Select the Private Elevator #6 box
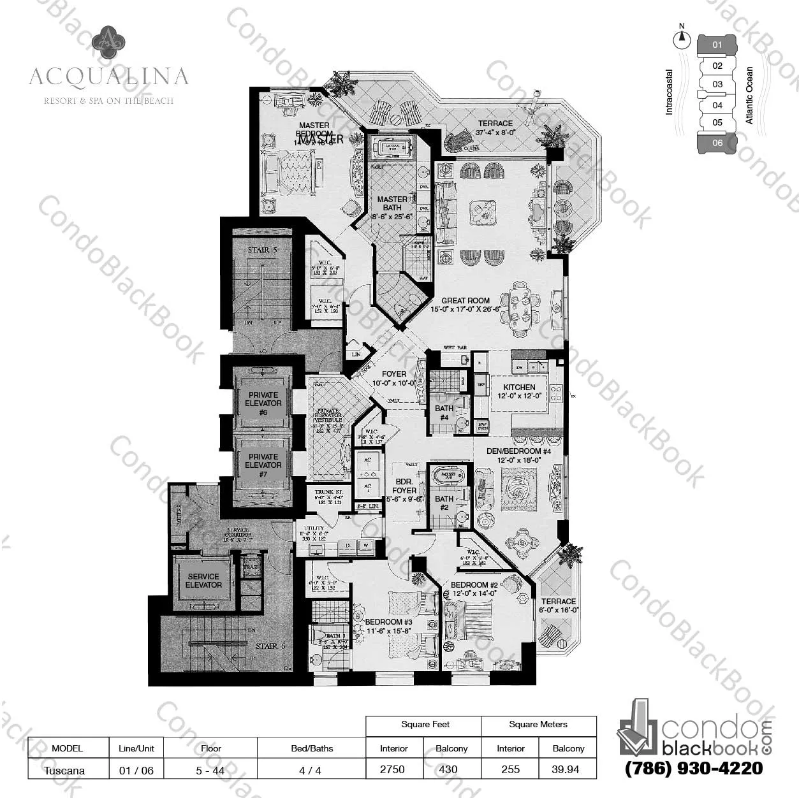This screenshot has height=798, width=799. (x=263, y=403)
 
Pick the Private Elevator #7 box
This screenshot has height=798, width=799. (x=263, y=465)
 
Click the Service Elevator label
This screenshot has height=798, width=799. (x=203, y=581)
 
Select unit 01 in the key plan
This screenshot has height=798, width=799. (x=717, y=45)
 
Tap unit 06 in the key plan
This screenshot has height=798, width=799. (x=717, y=143)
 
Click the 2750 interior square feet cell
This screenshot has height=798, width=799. (x=393, y=769)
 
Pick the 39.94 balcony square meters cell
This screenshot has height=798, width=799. (x=566, y=769)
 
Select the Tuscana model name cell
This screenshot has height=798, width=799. (x=64, y=770)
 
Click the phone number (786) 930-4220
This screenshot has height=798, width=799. (x=693, y=768)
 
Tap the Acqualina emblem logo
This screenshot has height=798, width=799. (x=108, y=41)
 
